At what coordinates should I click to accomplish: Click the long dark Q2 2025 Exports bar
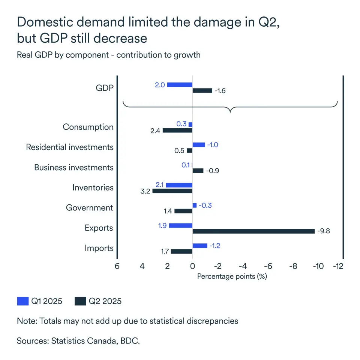pos(253,231)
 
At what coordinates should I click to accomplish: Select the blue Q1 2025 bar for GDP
pos(180,85)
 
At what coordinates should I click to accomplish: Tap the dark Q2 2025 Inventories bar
pos(172,191)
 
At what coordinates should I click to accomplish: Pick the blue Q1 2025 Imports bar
pos(200,246)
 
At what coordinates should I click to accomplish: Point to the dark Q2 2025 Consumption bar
pos(177,130)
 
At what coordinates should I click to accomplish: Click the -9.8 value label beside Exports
pos(324,231)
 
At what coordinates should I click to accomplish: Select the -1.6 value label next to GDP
pos(220,91)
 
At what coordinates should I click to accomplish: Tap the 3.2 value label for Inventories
pos(145,191)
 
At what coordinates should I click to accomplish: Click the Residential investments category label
pos(70,147)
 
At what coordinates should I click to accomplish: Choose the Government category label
pos(89,208)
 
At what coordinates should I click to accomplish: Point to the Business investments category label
pos(74,167)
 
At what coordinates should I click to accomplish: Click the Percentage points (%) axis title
pos(232,276)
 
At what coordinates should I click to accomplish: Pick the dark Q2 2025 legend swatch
pos(80,301)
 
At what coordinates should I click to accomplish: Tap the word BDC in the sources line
pos(130,341)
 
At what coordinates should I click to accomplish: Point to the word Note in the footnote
pos(26,321)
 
